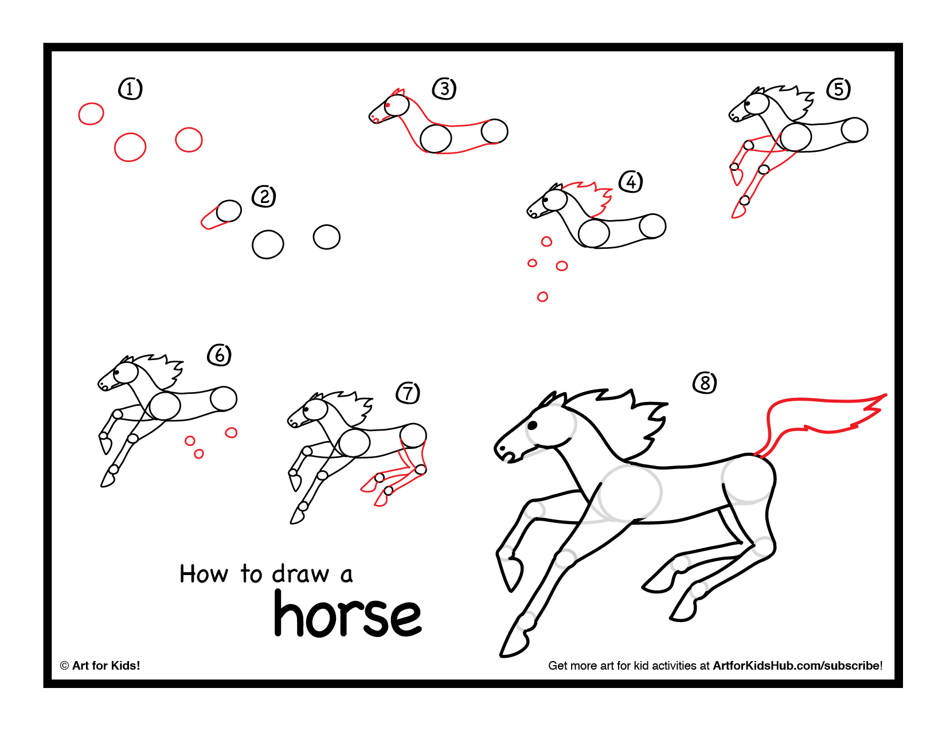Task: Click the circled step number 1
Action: pos(130,89)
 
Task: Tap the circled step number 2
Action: pos(264,197)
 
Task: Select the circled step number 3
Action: pos(444,89)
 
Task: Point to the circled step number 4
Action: pos(631,182)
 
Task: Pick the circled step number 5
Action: pos(839,89)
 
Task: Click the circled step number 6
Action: pos(219,355)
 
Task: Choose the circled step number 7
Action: pos(408,393)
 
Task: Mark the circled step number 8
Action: pos(705,382)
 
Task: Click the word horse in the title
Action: pos(347,615)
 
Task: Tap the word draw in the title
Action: pos(300,574)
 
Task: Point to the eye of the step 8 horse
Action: pos(532,425)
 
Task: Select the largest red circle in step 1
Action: pos(130,147)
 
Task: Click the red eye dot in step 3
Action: pos(388,105)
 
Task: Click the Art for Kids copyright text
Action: pos(100,666)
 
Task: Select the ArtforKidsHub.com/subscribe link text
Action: pos(797,666)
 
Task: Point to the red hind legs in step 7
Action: pos(396,476)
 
